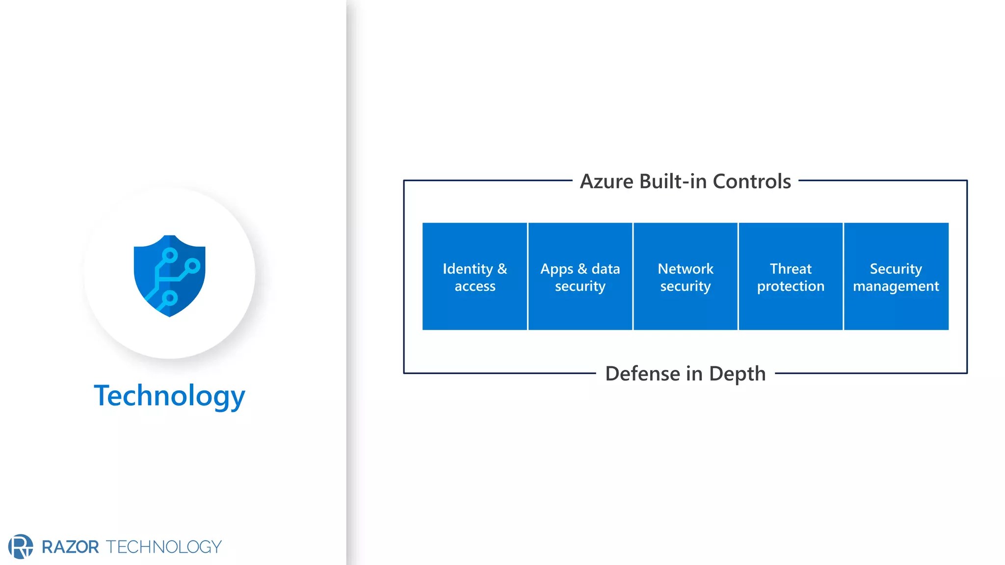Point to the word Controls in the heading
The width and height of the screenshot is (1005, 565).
click(751, 181)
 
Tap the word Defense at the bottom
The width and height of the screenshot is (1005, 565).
click(642, 374)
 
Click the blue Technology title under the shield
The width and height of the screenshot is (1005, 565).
click(169, 396)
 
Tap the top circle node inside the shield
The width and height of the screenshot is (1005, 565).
click(170, 255)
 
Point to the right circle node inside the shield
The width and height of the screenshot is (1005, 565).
click(193, 266)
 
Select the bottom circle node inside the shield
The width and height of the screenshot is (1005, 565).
click(170, 297)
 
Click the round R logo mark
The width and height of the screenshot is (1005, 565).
click(21, 546)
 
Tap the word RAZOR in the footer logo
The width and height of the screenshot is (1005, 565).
click(70, 547)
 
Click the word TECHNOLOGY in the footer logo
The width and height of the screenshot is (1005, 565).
click(164, 547)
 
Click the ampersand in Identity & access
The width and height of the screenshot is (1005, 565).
click(502, 269)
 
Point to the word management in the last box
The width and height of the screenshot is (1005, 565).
click(896, 286)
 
